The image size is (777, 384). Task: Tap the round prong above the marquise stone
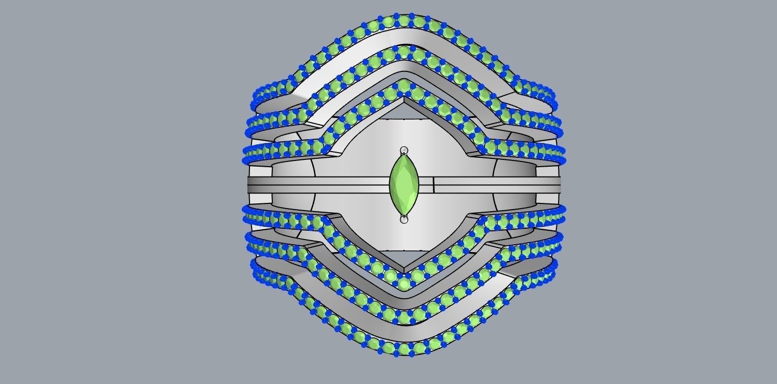pos(404,151)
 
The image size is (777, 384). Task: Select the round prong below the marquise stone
pos(404,219)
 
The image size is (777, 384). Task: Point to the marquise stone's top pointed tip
pos(404,156)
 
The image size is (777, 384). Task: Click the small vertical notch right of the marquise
pos(433,184)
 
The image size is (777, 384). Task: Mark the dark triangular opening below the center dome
pos(404,259)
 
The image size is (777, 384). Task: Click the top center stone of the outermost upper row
pos(404,21)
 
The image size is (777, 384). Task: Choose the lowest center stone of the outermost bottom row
pos(404,349)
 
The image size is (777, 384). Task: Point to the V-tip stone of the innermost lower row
pos(404,283)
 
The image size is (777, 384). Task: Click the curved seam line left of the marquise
pos(315,184)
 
